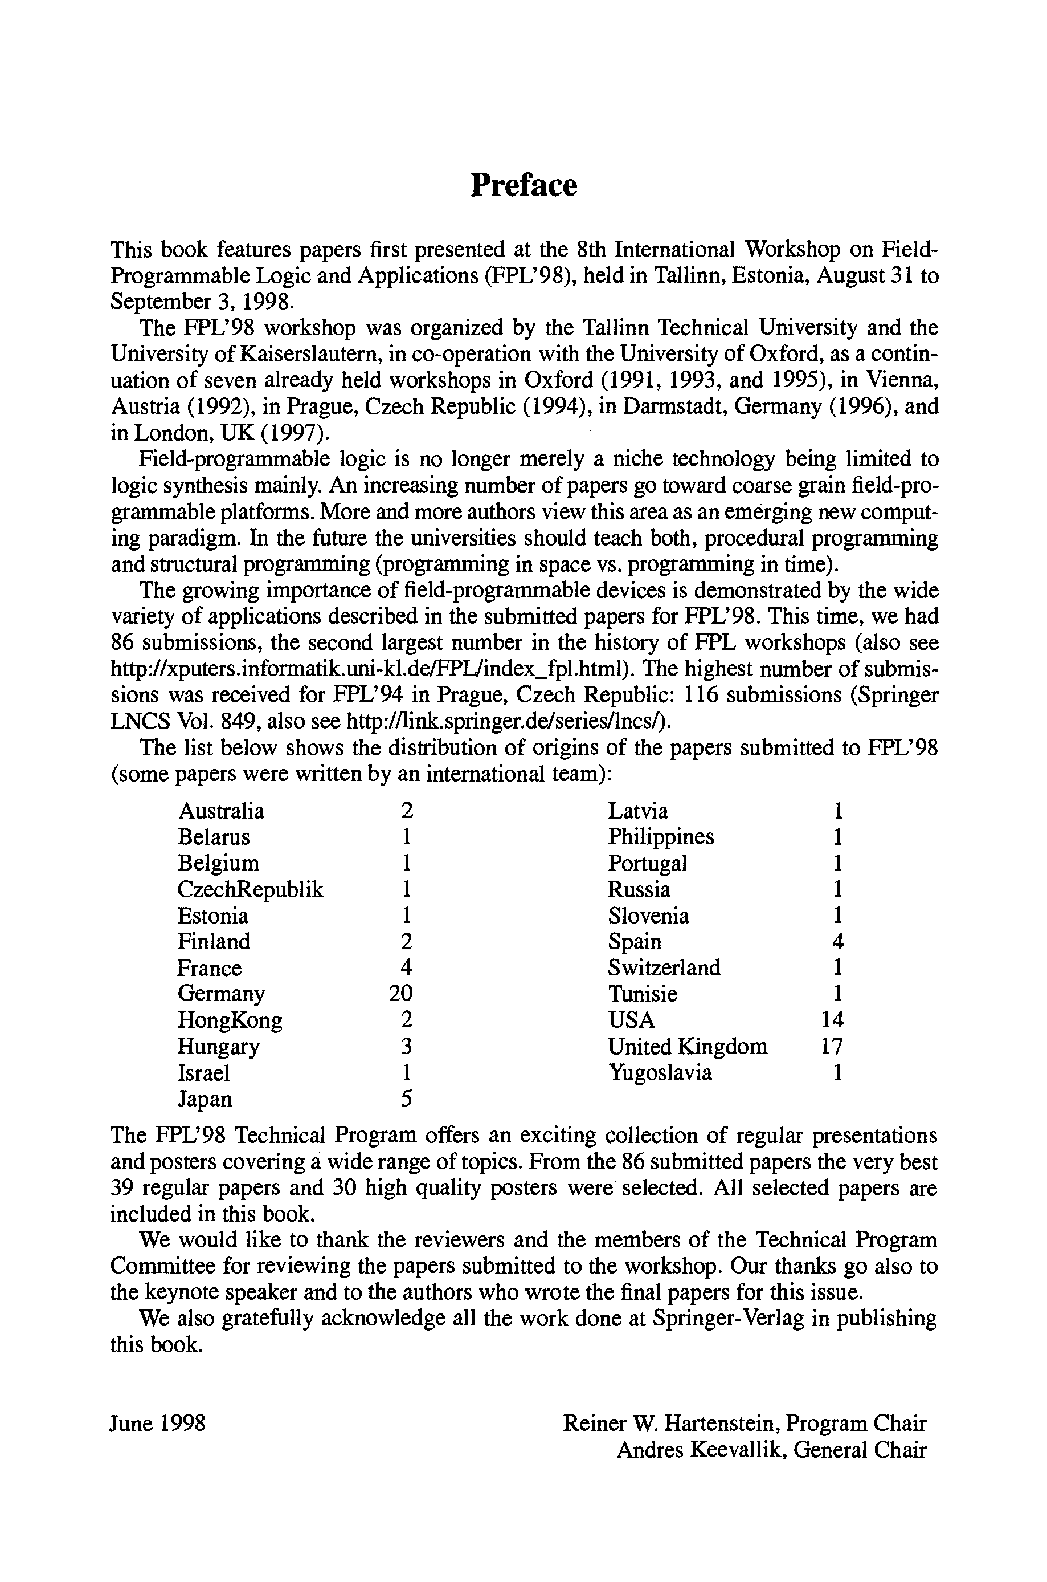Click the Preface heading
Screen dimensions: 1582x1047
[x=523, y=185]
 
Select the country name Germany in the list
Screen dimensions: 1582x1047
[x=221, y=994]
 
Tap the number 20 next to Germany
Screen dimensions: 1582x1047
[x=400, y=994]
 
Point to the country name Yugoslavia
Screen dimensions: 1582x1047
[x=660, y=1073]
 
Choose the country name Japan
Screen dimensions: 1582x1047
[x=205, y=1099]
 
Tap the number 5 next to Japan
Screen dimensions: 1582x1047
[x=406, y=1099]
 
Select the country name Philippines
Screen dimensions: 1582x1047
[x=660, y=837]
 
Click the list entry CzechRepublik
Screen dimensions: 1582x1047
[x=251, y=889]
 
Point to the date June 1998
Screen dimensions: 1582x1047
[x=158, y=1424]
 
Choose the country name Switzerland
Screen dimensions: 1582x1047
[x=664, y=968]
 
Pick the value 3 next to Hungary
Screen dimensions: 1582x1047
[x=406, y=1046]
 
